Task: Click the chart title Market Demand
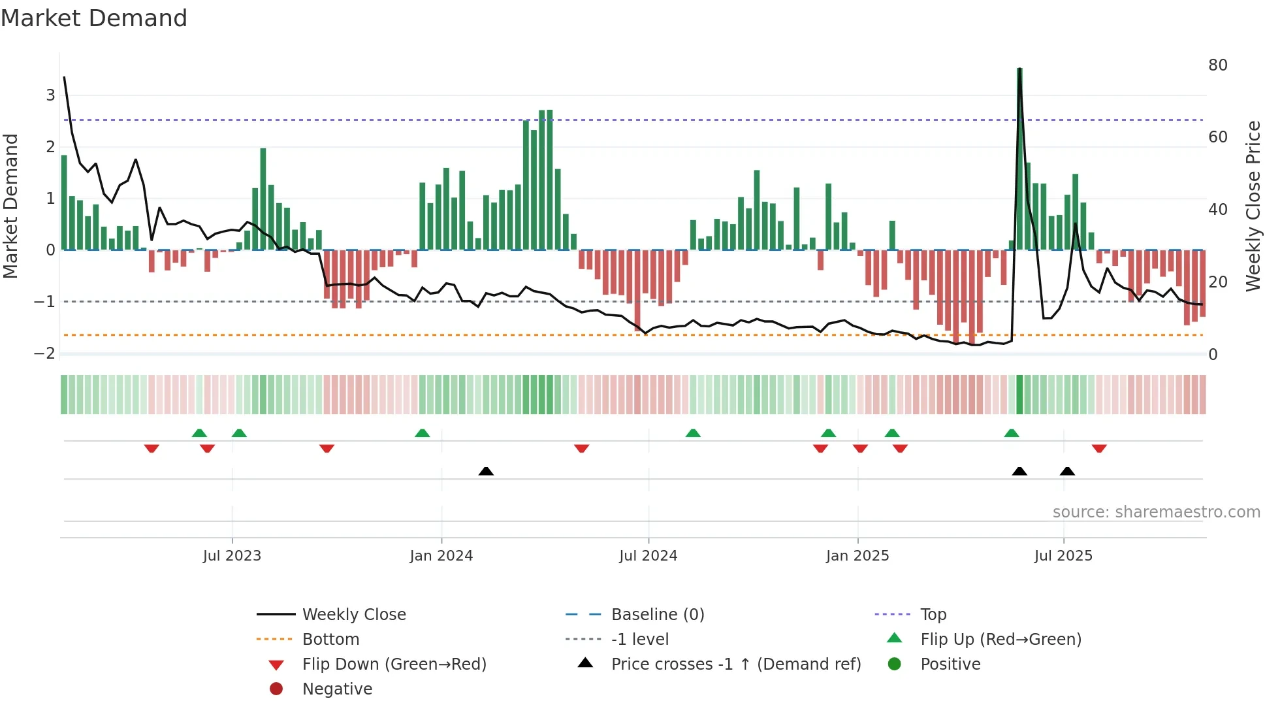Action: tap(94, 18)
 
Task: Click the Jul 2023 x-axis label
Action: tap(232, 556)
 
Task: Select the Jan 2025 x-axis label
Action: tap(857, 556)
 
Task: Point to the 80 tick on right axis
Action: tap(1217, 65)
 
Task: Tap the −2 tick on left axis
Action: tap(44, 353)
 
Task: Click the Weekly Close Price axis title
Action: tap(1253, 206)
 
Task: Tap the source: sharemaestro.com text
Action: tap(1156, 512)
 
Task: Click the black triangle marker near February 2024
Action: tap(486, 471)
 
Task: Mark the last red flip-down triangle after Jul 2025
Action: tap(1099, 448)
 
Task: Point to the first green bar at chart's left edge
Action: tap(64, 203)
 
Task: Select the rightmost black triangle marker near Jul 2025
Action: tap(1067, 471)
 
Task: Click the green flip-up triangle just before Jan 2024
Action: tap(423, 433)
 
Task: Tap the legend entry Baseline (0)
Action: tap(657, 615)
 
